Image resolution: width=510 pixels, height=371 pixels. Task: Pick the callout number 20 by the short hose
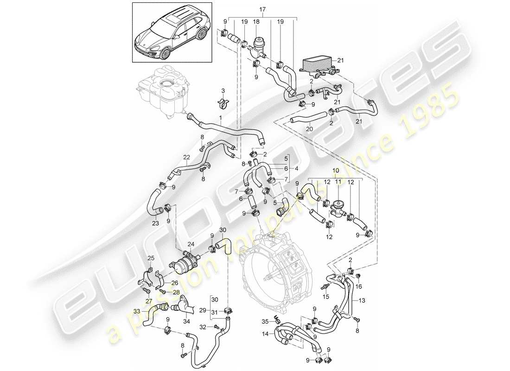pyautogui.click(x=310, y=128)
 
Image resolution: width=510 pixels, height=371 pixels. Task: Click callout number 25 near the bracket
pyautogui.click(x=150, y=258)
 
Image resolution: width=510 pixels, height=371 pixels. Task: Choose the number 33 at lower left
pyautogui.click(x=136, y=311)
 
